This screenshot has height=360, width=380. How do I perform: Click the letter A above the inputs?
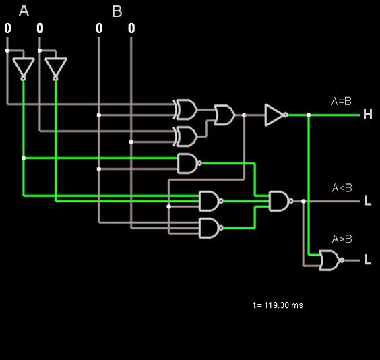coord(24,11)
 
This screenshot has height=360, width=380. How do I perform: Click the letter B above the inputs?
coord(117,11)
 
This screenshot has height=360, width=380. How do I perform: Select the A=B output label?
coord(341,101)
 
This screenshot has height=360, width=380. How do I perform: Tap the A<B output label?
coord(342,188)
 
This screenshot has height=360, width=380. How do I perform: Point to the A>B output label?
coord(342,239)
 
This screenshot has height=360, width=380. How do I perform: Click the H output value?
coord(368,115)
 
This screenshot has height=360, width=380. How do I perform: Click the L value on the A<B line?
coord(368,200)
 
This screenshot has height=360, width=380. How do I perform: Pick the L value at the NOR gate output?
coord(368,260)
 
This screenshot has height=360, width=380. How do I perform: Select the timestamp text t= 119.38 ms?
coord(278,305)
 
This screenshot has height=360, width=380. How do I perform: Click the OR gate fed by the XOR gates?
coord(224,115)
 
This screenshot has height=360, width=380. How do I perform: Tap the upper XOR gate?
coord(185,109)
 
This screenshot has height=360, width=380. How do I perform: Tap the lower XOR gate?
coord(185,136)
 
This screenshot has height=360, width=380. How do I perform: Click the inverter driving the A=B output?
coord(276,115)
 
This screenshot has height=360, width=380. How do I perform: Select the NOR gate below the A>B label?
coord(331,260)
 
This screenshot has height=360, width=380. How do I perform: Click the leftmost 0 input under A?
coord(8,28)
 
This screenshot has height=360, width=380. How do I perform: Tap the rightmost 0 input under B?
coord(131,28)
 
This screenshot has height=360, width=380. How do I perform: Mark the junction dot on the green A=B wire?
coord(309,115)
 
